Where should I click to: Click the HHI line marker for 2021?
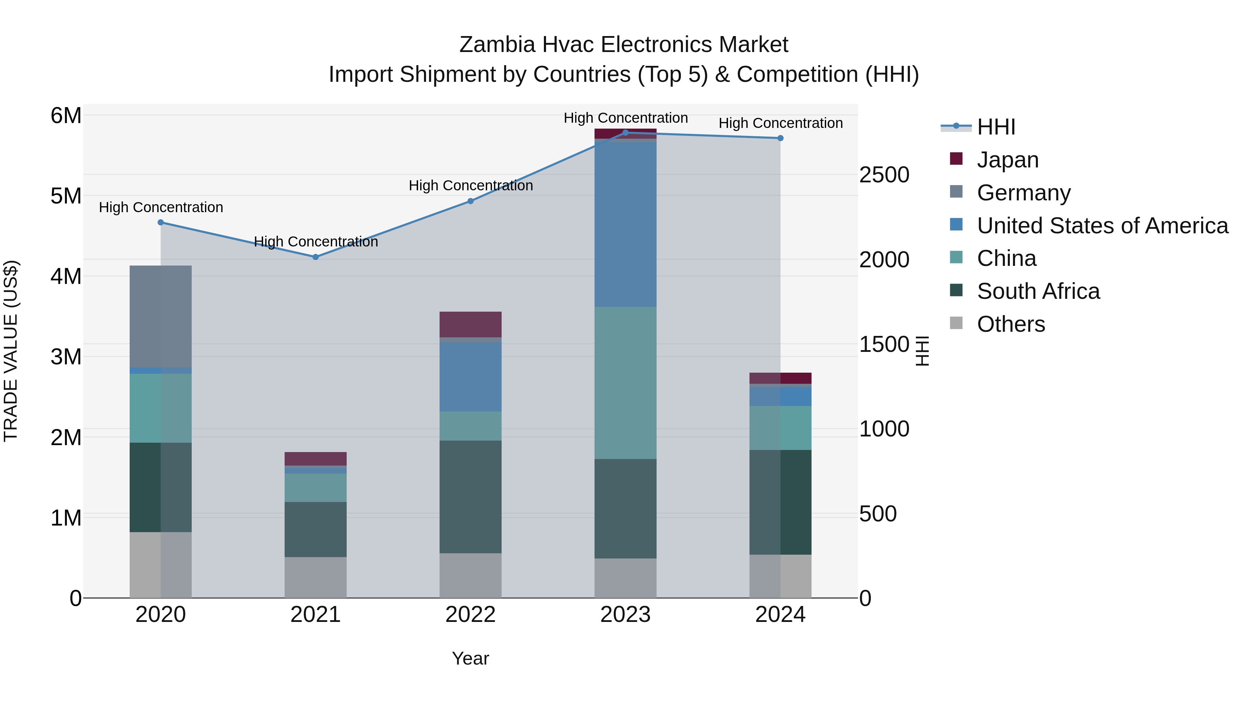click(x=315, y=257)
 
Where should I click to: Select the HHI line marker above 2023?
click(x=625, y=132)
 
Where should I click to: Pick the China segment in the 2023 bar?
click(x=625, y=383)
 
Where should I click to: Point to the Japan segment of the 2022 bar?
click(x=470, y=324)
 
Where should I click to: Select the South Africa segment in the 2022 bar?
click(x=470, y=496)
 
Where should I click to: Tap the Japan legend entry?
click(x=1007, y=160)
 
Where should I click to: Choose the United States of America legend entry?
click(x=1102, y=226)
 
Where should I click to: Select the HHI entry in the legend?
click(x=996, y=127)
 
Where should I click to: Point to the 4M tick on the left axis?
click(x=66, y=277)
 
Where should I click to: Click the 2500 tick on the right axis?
click(x=884, y=175)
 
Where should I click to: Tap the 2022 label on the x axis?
click(x=470, y=615)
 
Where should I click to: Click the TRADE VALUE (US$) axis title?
click(x=11, y=351)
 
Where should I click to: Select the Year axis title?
click(x=470, y=658)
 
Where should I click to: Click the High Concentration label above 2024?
click(x=780, y=123)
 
